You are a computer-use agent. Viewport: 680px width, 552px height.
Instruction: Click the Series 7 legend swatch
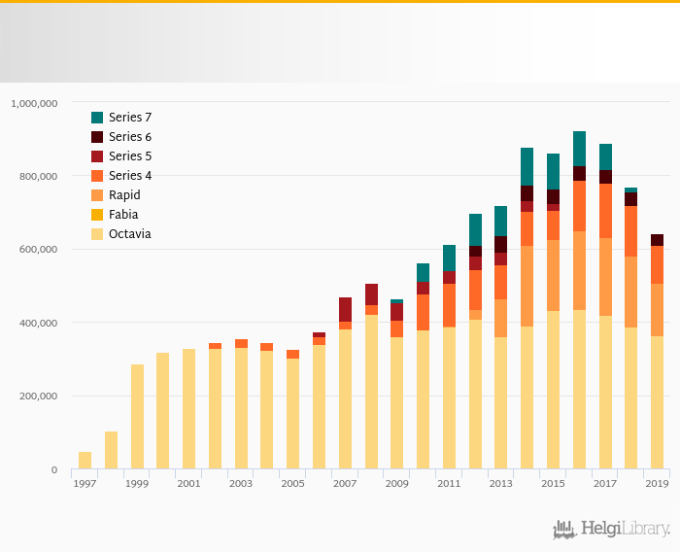point(97,118)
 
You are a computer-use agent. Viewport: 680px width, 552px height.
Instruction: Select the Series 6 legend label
point(129,137)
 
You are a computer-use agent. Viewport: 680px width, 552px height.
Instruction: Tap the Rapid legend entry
point(124,195)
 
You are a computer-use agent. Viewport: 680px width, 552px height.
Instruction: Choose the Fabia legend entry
point(122,215)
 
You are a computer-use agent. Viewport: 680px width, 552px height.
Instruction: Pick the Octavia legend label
point(129,234)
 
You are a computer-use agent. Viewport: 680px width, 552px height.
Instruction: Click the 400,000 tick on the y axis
point(40,323)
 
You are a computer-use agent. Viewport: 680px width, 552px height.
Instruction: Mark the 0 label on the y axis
point(54,470)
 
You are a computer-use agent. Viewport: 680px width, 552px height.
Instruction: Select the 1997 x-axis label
point(85,484)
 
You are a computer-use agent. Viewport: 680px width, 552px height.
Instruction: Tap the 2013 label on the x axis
point(500,484)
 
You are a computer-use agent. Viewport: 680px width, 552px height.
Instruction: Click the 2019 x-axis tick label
point(657,484)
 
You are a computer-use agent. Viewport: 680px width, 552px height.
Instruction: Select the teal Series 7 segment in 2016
point(579,149)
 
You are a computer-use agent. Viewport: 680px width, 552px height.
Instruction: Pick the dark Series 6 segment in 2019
point(657,240)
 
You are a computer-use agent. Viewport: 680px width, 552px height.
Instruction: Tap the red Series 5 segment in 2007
point(345,309)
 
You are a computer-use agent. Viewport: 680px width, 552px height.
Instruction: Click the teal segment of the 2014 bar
point(527,166)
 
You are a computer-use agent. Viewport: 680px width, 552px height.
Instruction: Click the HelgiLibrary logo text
point(625,530)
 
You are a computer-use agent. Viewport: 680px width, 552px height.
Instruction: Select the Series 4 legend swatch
point(97,176)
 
